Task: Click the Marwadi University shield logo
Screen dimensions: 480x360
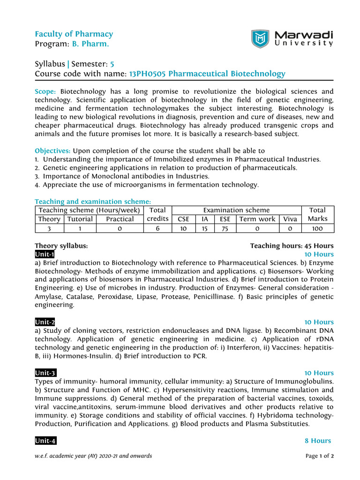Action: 260,39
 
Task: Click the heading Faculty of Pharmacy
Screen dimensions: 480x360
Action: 74,34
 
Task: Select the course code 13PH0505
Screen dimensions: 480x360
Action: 147,74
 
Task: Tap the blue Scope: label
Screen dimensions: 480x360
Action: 45,92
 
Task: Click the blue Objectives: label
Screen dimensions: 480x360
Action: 53,151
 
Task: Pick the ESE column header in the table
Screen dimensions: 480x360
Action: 225,219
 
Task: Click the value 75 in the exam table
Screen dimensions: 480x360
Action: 225,228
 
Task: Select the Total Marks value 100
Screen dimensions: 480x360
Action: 317,228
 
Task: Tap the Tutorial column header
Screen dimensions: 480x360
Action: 80,219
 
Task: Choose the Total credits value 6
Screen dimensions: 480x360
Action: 157,228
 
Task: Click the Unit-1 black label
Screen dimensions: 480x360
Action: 45,255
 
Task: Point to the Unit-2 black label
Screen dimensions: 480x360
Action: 45,322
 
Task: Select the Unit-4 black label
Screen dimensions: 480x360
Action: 45,441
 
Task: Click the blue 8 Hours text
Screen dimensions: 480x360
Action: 318,441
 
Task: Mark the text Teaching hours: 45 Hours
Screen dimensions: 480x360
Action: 292,246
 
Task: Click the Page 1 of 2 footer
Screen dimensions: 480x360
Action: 319,456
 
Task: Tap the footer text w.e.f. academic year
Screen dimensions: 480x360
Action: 93,456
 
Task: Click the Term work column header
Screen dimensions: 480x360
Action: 257,219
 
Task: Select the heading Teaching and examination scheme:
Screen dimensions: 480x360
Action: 93,201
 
